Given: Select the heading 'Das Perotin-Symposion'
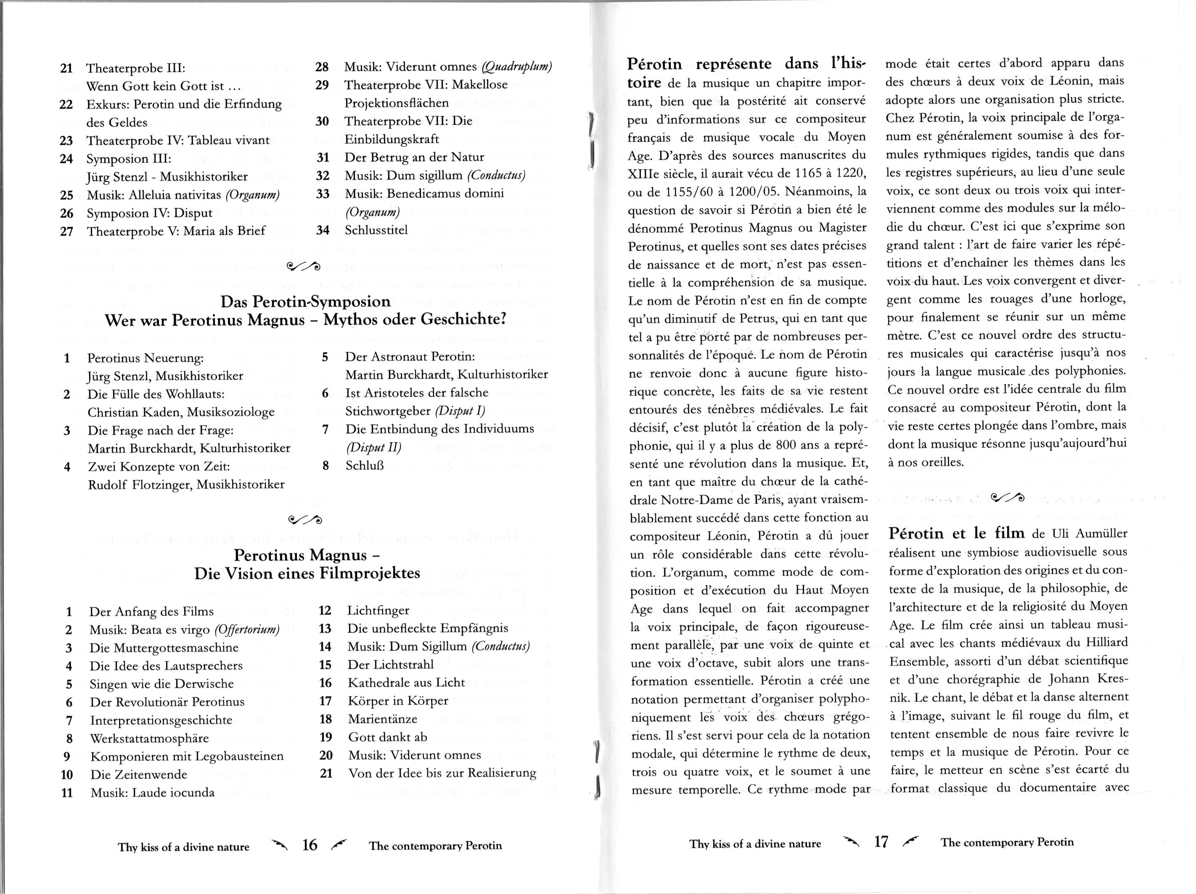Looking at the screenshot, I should [306, 301].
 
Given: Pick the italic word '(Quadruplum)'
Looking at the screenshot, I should [516, 66].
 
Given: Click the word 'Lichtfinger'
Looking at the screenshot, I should [378, 610].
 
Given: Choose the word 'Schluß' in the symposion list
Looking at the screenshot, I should [365, 465].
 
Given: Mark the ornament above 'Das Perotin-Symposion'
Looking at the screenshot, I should [304, 266].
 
